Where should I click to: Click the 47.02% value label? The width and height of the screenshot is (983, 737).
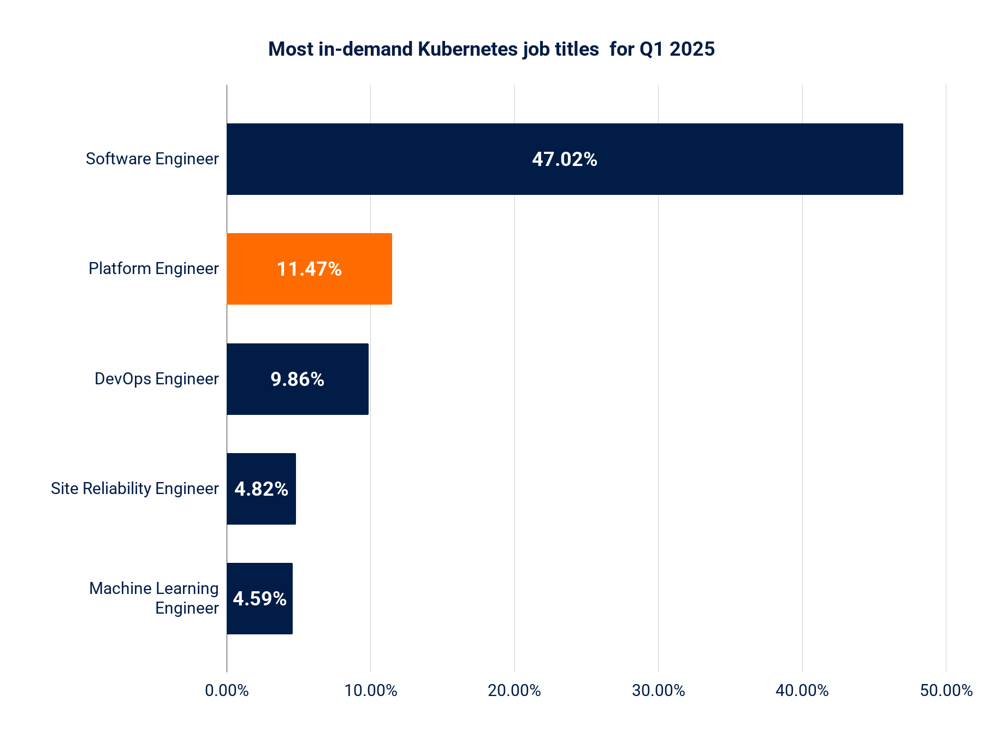point(564,159)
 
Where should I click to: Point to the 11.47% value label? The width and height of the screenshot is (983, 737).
point(309,269)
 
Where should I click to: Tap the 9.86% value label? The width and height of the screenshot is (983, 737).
point(297,379)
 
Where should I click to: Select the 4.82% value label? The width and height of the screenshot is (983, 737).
point(261,489)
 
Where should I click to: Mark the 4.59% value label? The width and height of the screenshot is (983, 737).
point(259,599)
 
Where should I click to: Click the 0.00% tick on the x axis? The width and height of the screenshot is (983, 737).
point(227,691)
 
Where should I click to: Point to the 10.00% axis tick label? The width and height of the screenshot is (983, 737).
point(371,691)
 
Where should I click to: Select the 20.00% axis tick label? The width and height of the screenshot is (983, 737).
point(514,691)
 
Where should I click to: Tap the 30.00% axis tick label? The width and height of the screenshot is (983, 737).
point(658,691)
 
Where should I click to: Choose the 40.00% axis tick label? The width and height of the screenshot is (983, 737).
point(802,691)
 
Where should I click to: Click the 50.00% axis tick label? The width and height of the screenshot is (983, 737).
point(946,691)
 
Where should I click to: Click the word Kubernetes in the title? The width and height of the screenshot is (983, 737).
point(467,49)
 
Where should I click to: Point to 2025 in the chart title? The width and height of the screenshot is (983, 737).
point(692,49)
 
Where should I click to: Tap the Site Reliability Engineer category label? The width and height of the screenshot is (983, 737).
point(135,489)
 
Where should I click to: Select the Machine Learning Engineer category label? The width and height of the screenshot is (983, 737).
point(154,598)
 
